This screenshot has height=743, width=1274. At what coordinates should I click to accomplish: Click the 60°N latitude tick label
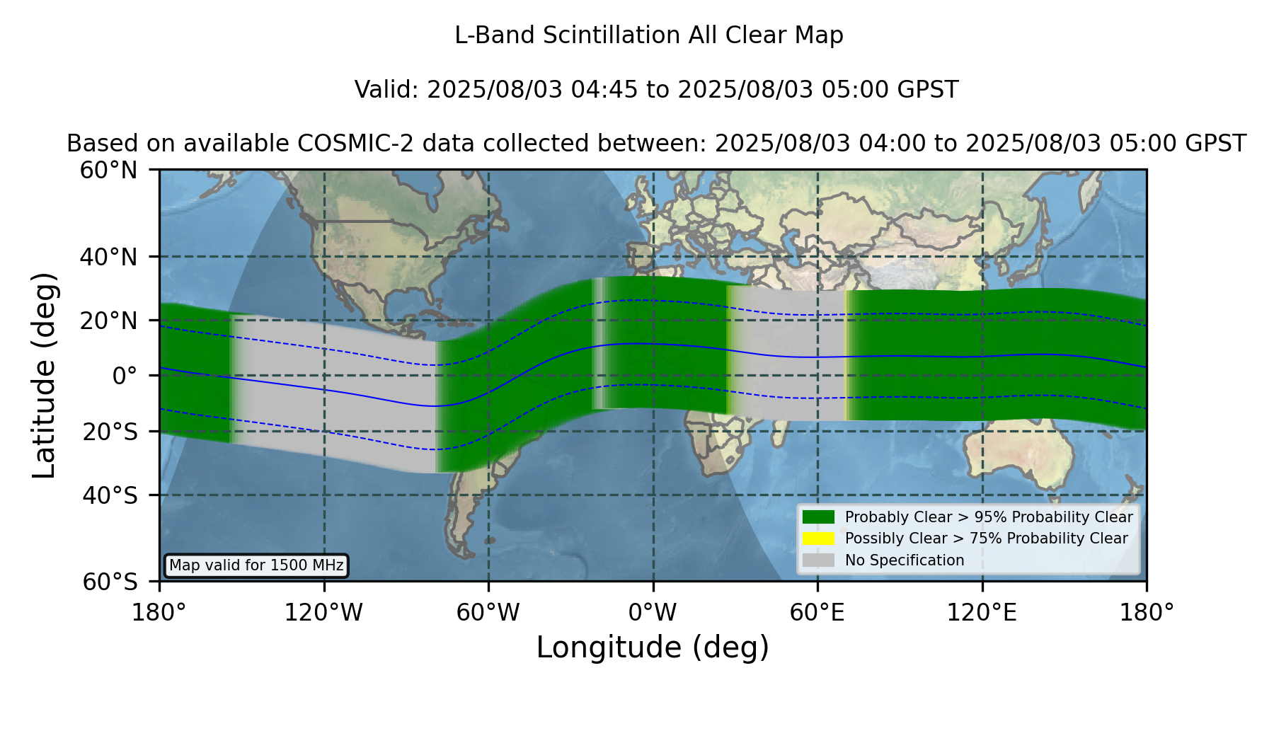tap(109, 171)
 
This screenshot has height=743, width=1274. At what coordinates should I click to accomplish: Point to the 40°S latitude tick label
tap(110, 495)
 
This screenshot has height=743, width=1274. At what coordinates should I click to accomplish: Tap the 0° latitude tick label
tap(125, 376)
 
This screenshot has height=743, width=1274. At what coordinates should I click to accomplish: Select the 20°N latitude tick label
tap(109, 321)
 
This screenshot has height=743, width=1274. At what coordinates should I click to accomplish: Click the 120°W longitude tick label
tap(323, 613)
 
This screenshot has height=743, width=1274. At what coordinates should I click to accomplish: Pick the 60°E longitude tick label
tap(817, 613)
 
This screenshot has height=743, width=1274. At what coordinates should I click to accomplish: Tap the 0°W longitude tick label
tap(653, 613)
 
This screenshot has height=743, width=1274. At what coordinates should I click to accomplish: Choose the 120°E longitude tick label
tap(982, 613)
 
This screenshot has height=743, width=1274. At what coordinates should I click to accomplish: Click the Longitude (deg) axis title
tap(653, 647)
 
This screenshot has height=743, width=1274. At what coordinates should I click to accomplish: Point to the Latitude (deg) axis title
tap(45, 375)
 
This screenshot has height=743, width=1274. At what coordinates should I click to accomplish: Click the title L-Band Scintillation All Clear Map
tap(649, 35)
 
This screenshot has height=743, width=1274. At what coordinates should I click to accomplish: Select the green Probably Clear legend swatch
tap(819, 517)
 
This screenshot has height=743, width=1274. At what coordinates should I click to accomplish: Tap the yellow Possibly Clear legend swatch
tap(819, 538)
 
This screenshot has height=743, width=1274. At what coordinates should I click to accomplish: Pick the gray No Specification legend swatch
tap(819, 560)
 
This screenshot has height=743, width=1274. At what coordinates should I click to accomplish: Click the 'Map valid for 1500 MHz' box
tap(256, 565)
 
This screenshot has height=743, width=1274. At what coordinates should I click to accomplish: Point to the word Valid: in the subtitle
tap(387, 90)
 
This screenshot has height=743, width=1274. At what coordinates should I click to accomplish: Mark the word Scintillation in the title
tap(612, 35)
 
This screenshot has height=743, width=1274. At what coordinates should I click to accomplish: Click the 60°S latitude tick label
tap(110, 582)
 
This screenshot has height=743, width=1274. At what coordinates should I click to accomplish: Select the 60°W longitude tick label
tap(488, 613)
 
